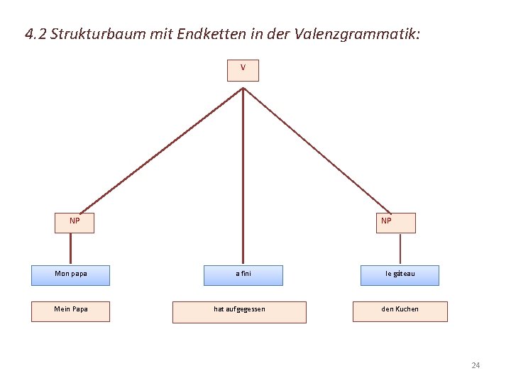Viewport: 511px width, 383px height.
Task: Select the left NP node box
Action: [75, 222]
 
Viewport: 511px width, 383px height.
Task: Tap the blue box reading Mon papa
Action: [70, 274]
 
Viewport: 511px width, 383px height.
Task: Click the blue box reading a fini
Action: [243, 274]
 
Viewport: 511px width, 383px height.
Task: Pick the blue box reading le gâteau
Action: [400, 274]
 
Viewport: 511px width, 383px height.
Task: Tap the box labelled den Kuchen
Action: [400, 311]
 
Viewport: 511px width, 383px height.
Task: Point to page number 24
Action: [476, 365]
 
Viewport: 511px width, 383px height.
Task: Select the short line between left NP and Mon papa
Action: [70, 248]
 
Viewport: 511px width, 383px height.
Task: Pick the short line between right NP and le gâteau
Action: [400, 249]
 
